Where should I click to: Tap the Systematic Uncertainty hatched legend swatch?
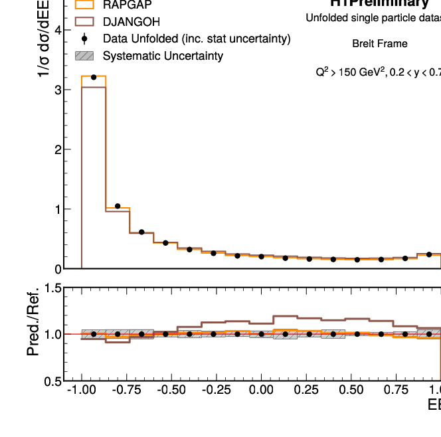pyautogui.click(x=84, y=56)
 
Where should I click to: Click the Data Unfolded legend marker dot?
pyautogui.click(x=84, y=39)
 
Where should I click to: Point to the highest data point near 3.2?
pyautogui.click(x=94, y=78)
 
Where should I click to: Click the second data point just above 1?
pyautogui.click(x=118, y=207)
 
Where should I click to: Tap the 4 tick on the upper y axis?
pyautogui.click(x=58, y=30)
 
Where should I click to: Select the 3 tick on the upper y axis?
pyautogui.click(x=58, y=90)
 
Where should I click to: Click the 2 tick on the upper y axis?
pyautogui.click(x=58, y=149)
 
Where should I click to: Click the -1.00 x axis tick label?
pyautogui.click(x=81, y=406)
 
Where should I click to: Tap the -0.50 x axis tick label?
pyautogui.click(x=171, y=406)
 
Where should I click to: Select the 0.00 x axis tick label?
pyautogui.click(x=262, y=406)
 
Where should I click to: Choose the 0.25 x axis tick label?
pyautogui.click(x=306, y=406)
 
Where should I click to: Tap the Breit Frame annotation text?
pyautogui.click(x=380, y=44)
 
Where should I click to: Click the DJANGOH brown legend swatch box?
pyautogui.click(x=84, y=22)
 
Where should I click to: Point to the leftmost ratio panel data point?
pyautogui.click(x=94, y=334)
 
